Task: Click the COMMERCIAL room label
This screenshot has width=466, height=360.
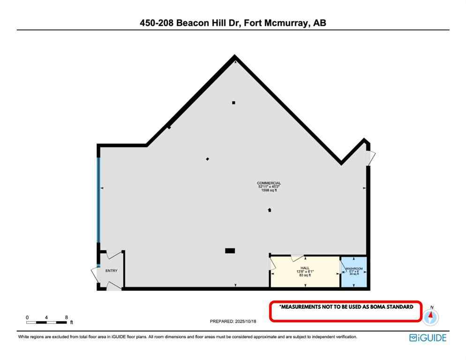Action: pyautogui.click(x=269, y=183)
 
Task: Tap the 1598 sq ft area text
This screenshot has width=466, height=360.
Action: pyautogui.click(x=269, y=190)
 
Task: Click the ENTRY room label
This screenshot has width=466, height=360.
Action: pyautogui.click(x=111, y=270)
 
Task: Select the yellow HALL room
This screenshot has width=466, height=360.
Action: pyautogui.click(x=305, y=279)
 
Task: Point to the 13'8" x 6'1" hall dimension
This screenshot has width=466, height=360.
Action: pyautogui.click(x=305, y=271)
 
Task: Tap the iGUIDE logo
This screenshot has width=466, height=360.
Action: pyautogui.click(x=427, y=337)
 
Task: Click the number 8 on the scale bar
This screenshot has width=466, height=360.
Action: pyautogui.click(x=66, y=317)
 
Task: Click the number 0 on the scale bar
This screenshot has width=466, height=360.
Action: pyautogui.click(x=27, y=317)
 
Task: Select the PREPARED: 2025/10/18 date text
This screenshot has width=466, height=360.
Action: pyautogui.click(x=233, y=321)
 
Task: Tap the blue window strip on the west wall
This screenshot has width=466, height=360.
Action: pyautogui.click(x=98, y=199)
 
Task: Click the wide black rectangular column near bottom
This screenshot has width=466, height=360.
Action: pyautogui.click(x=230, y=251)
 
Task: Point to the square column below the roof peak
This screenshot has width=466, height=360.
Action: pyautogui.click(x=233, y=103)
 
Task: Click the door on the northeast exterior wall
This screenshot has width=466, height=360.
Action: pyautogui.click(x=370, y=158)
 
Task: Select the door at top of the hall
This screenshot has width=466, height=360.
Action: pyautogui.click(x=297, y=257)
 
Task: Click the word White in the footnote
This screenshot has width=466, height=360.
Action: pyautogui.click(x=24, y=337)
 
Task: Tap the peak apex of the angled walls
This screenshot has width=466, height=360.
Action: pyautogui.click(x=234, y=57)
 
